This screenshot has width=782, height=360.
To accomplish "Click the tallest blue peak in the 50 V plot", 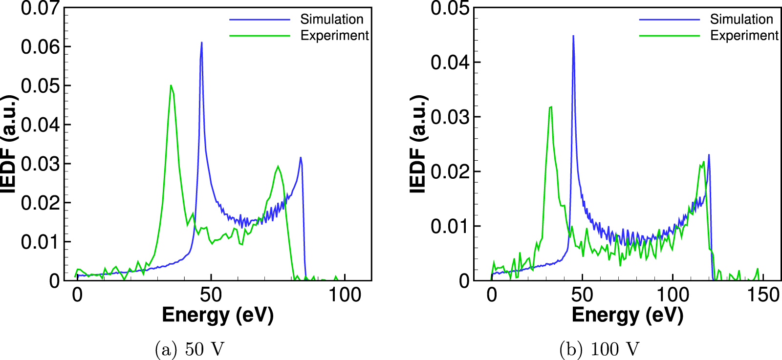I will (x=201, y=43).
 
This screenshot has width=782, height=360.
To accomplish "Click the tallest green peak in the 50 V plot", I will (x=171, y=86).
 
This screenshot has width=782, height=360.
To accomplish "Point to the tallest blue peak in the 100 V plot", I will (x=573, y=36).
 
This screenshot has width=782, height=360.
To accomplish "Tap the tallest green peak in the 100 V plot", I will (x=551, y=107).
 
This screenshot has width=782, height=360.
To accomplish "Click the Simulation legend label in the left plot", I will (x=331, y=19).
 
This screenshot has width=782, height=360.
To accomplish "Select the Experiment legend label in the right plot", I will (x=743, y=36).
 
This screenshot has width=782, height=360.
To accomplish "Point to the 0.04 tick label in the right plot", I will (x=449, y=63).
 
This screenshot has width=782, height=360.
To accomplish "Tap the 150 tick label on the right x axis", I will (x=763, y=295).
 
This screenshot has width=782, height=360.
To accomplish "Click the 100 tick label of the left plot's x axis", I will (x=345, y=295).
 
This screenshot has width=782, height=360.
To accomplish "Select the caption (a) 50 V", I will (x=190, y=349).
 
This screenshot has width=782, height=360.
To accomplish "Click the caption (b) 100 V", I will (x=599, y=349).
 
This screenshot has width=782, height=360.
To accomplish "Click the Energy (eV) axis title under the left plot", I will (x=217, y=315).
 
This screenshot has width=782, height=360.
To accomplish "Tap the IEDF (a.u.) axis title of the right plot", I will (x=418, y=144).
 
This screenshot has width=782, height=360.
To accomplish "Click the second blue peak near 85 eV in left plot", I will (x=301, y=158).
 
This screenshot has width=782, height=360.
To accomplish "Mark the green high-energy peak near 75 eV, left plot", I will (x=278, y=167).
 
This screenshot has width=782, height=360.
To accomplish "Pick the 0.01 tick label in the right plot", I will (x=449, y=226).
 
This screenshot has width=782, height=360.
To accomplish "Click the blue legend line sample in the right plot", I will (x=669, y=20).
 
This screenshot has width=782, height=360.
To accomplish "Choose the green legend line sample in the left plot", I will (x=260, y=36).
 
